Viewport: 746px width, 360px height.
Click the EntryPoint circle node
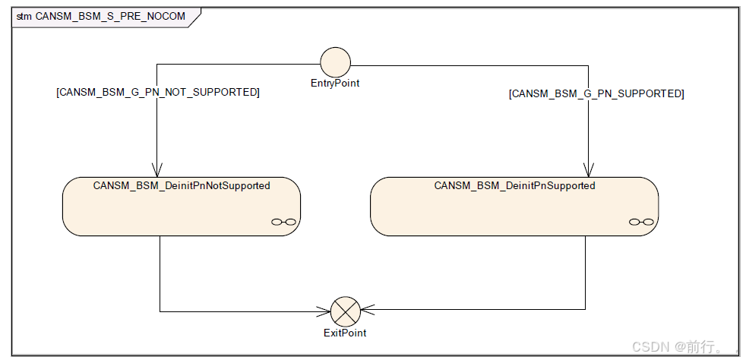(335, 62)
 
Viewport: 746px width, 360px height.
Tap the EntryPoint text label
(335, 84)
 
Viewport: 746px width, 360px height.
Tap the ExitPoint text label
(344, 333)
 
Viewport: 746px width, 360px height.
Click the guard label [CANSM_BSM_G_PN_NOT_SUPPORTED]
(158, 92)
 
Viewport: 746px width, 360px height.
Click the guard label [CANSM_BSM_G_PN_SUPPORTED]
(596, 93)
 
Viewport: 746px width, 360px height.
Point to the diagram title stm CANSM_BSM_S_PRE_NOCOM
(100, 16)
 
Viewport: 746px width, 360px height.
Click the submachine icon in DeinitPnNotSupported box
(283, 222)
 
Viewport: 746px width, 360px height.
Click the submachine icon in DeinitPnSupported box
(640, 222)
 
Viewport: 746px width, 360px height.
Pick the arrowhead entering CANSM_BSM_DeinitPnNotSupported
(156, 171)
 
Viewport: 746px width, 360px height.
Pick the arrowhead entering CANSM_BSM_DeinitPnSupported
(589, 171)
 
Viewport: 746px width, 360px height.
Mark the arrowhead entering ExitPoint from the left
(324, 311)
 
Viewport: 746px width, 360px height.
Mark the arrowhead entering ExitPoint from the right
(366, 310)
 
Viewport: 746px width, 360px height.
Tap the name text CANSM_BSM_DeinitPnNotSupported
(182, 185)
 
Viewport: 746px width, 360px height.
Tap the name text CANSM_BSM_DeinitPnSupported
(514, 185)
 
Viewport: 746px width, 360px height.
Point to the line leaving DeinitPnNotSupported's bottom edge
(160, 273)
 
